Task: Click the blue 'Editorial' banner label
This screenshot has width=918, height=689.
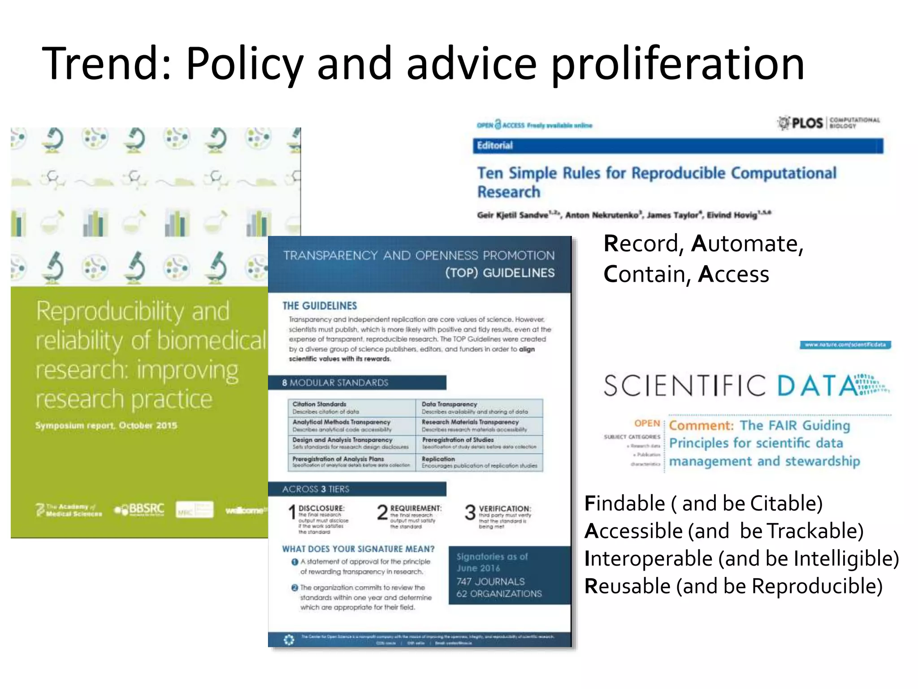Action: click(x=494, y=145)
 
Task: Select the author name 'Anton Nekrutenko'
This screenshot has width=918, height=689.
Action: click(x=601, y=215)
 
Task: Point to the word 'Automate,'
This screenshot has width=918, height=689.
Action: click(x=747, y=244)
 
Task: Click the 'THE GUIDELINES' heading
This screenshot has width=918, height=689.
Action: click(x=320, y=306)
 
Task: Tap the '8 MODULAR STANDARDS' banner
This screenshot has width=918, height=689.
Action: click(x=335, y=383)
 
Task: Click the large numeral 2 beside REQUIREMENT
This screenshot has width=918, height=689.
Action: click(x=382, y=512)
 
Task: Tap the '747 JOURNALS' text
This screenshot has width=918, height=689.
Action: click(x=490, y=582)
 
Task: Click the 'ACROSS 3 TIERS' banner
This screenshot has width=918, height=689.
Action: click(x=316, y=489)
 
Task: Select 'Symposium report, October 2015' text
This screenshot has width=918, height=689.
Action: click(x=106, y=425)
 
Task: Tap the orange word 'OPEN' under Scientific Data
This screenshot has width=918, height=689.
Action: click(x=647, y=423)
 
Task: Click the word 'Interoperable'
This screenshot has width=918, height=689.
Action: click(x=648, y=559)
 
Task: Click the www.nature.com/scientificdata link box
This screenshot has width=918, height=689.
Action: click(x=845, y=345)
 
